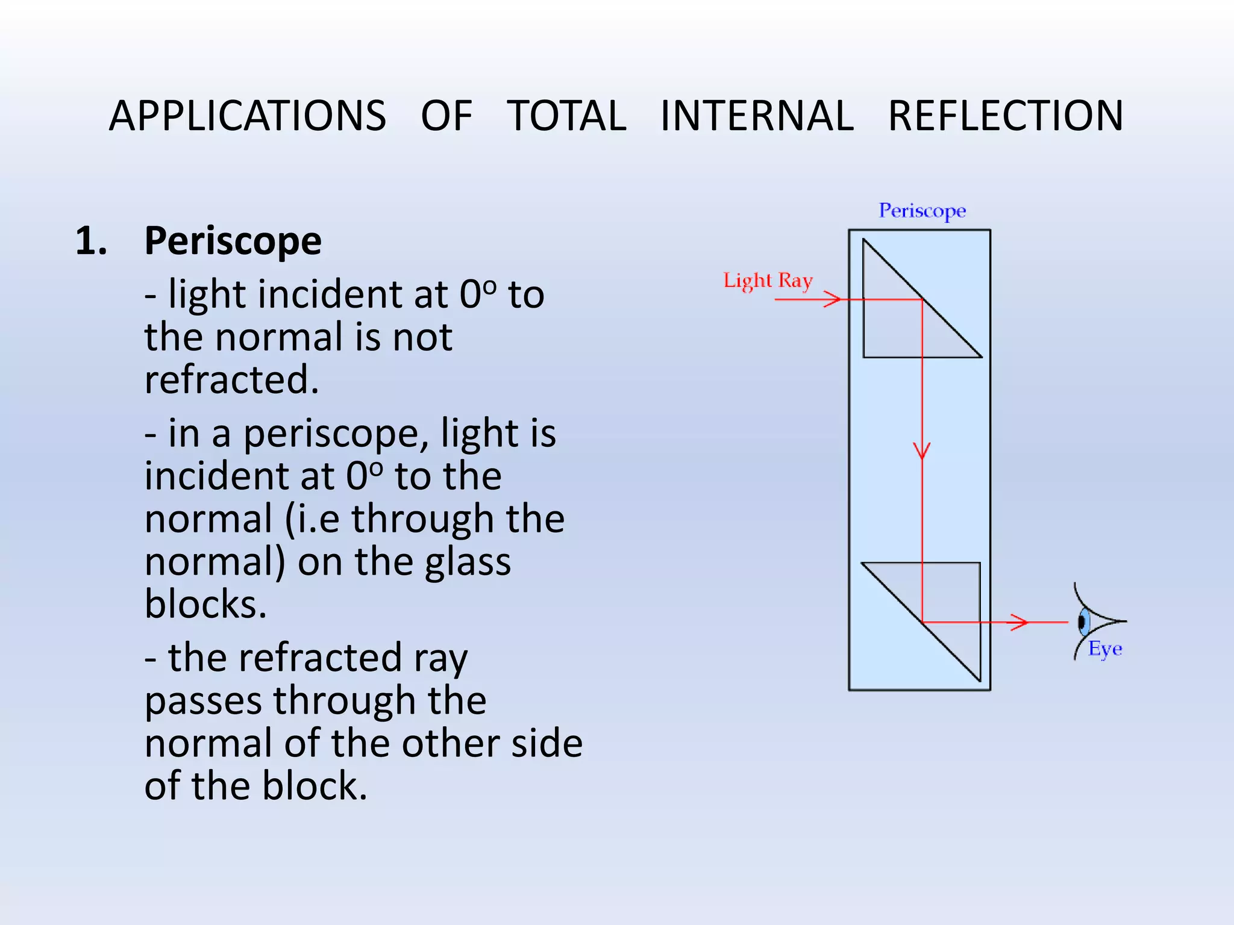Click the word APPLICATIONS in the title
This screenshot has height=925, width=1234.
coord(247,116)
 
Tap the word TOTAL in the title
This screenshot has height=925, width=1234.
coord(566,116)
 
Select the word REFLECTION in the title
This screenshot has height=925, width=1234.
coord(1006,116)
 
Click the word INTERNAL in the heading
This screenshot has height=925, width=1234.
coord(757,116)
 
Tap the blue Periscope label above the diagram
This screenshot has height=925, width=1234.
coord(922,211)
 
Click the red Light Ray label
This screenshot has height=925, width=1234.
coord(768,281)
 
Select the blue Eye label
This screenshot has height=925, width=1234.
coord(1105,649)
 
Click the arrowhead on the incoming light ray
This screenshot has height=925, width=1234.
coord(835,299)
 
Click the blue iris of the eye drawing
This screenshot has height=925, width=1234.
coord(1083,622)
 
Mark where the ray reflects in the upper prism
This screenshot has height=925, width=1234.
coord(922,300)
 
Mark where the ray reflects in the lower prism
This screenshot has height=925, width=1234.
coord(922,622)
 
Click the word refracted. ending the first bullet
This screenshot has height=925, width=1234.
coord(231,381)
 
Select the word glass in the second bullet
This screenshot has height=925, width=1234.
coord(468,562)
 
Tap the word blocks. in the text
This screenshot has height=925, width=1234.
coord(205,605)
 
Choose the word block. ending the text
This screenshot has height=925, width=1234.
coord(315,787)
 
